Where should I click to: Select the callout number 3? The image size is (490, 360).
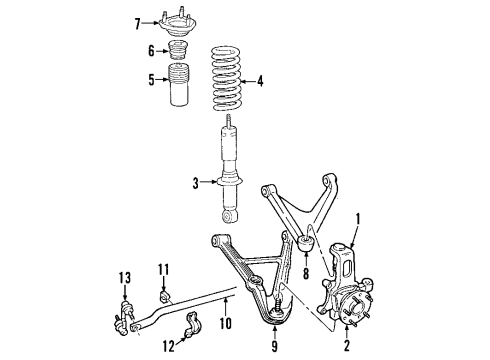[x=197, y=182]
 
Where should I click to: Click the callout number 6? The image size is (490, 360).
[x=153, y=51]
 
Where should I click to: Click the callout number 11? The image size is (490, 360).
[x=164, y=268]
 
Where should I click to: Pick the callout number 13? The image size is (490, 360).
[x=124, y=276]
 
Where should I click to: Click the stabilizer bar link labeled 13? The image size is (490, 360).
[x=125, y=310]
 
